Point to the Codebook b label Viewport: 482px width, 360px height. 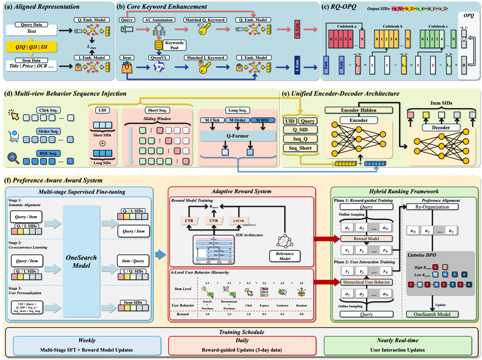(x=391, y=26)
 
